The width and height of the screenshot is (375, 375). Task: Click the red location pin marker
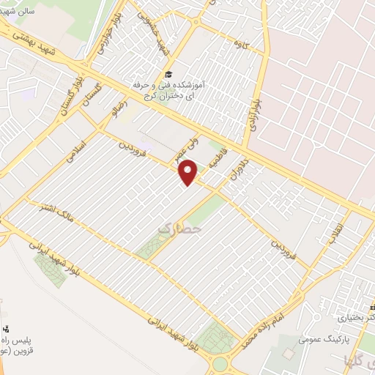(189, 172)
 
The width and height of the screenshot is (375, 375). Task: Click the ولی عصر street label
(179, 149)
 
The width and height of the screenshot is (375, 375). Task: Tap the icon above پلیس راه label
(6, 327)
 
